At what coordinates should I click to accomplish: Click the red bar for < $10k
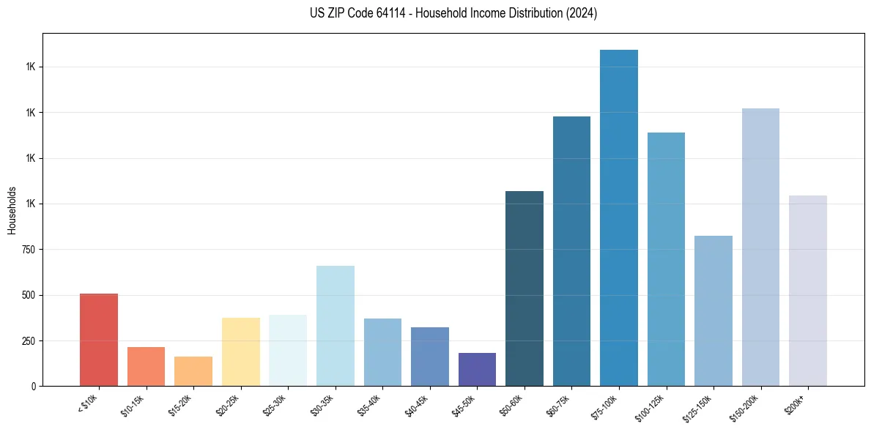click(x=99, y=340)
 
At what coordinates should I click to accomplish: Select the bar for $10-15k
click(x=146, y=366)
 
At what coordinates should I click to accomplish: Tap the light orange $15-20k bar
click(x=193, y=371)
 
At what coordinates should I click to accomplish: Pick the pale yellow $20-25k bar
click(x=241, y=351)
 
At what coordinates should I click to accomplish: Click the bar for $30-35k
click(x=336, y=326)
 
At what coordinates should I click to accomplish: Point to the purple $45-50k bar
click(x=477, y=369)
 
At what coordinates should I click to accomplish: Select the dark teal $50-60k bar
click(x=525, y=288)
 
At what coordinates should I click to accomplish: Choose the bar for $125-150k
click(x=714, y=310)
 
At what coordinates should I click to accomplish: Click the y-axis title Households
click(x=12, y=209)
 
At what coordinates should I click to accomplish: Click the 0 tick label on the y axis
click(x=33, y=386)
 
